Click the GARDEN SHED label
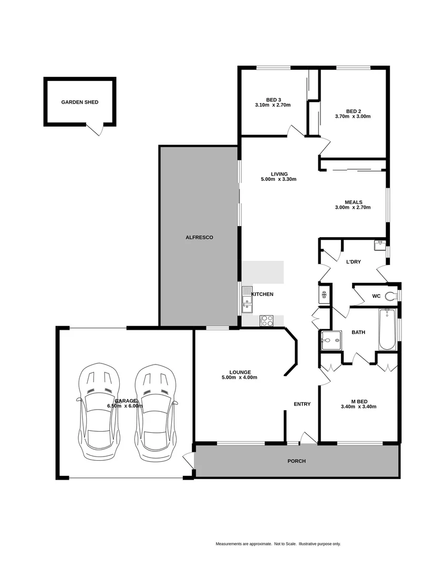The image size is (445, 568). click(79, 103)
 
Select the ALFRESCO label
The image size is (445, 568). click(199, 238)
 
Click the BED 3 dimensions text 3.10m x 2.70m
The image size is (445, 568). click(273, 105)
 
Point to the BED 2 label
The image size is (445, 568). click(353, 111)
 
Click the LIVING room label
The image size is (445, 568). click(279, 174)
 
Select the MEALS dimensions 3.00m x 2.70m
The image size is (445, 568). click(353, 207)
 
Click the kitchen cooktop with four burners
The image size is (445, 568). click(267, 320)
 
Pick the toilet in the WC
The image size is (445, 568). click(391, 296)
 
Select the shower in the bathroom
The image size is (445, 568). click(330, 340)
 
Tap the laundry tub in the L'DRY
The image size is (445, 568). click(380, 245)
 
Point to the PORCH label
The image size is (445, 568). click(296, 461)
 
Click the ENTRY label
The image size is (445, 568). click(302, 404)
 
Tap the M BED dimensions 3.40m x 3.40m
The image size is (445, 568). click(358, 406)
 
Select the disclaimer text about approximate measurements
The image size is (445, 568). click(278, 544)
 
